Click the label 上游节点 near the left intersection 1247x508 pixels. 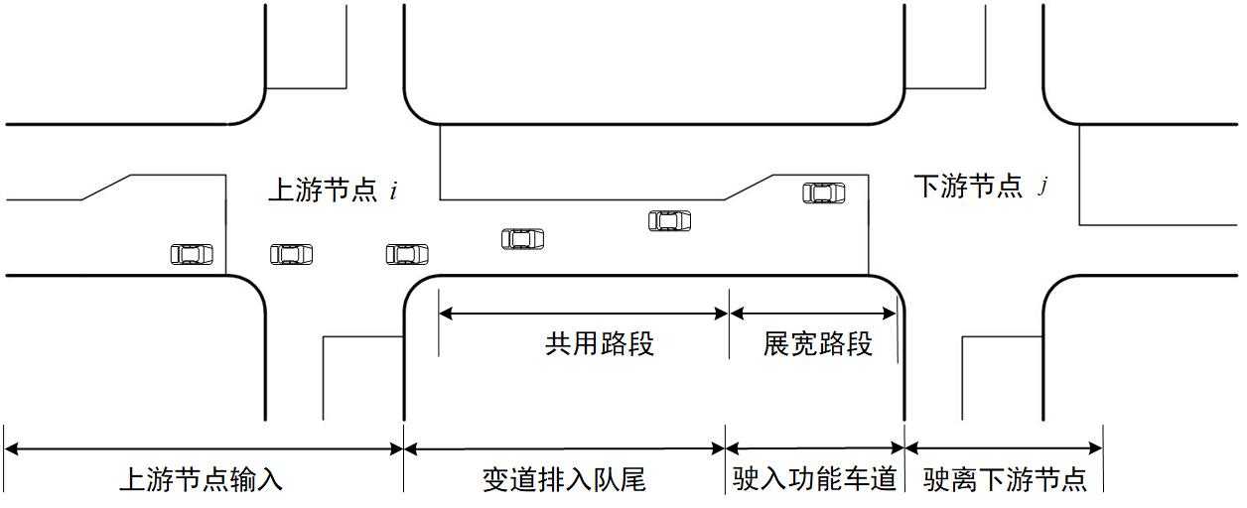tap(324, 190)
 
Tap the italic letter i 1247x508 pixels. tap(393, 191)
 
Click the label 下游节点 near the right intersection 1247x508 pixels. tap(967, 186)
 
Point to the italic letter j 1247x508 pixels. tap(1042, 187)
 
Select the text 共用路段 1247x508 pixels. tap(599, 343)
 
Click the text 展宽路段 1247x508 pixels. tap(817, 343)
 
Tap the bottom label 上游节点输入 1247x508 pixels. tap(201, 480)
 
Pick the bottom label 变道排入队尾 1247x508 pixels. tap(564, 480)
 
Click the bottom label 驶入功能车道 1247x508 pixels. tap(814, 480)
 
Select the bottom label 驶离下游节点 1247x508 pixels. tap(1005, 480)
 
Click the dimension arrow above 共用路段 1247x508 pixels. tap(584, 314)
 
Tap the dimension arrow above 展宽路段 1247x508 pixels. tap(813, 314)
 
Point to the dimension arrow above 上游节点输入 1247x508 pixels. tap(204, 448)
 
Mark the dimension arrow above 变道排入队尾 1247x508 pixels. tap(564, 448)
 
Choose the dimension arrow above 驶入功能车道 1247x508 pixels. tap(814, 448)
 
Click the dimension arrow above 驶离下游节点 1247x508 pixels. tap(1004, 448)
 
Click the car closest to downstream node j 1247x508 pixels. tap(824, 192)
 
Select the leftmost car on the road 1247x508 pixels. tap(192, 254)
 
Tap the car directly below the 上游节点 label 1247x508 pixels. tap(291, 254)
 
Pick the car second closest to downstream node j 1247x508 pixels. tap(669, 220)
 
